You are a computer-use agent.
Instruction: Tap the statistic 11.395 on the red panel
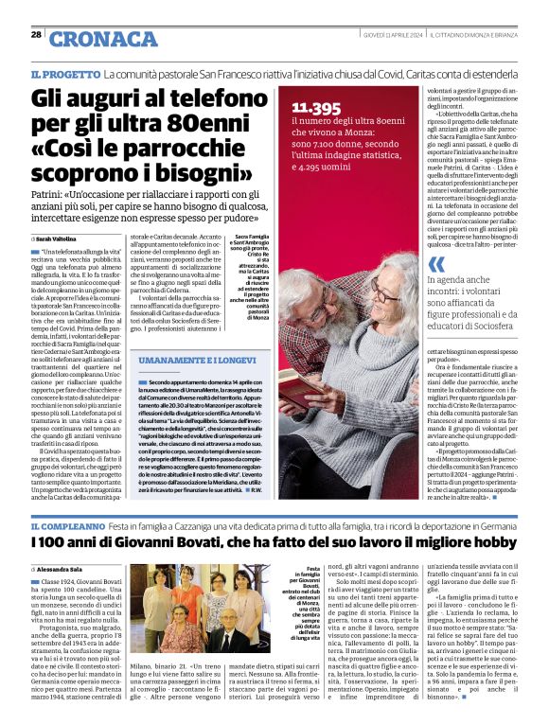[316, 108]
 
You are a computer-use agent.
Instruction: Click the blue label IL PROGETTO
[64, 74]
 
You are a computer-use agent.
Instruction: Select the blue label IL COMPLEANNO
[67, 526]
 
